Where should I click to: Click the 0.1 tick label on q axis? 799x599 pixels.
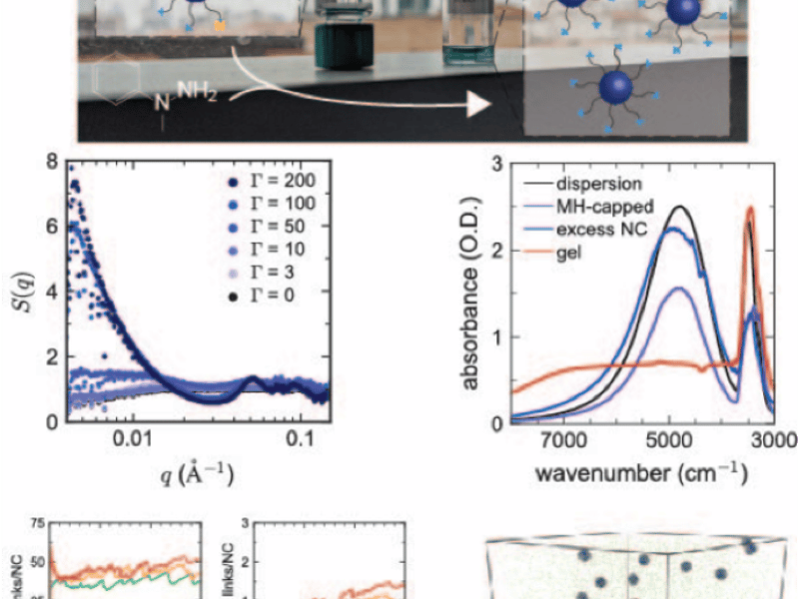point(299,439)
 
